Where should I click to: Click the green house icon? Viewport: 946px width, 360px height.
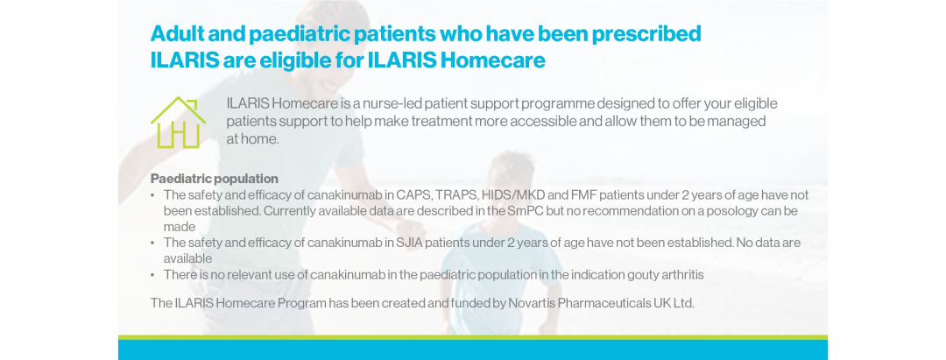[178, 123]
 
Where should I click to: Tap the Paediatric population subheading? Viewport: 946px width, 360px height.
[214, 179]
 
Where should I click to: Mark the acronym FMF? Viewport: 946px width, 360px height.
[598, 194]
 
